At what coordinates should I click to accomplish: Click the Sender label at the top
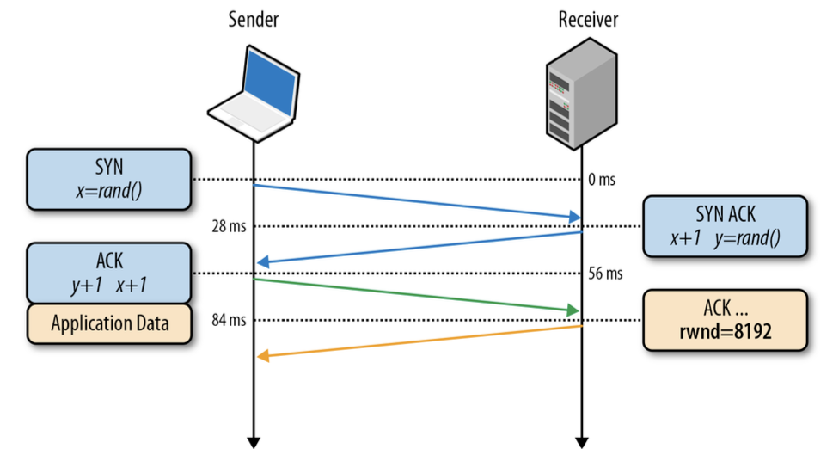254,19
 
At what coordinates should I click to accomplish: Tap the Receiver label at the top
588,19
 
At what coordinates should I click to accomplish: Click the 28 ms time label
229,226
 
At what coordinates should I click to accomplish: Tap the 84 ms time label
229,321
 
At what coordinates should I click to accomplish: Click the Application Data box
108,324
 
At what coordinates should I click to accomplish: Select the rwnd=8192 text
726,332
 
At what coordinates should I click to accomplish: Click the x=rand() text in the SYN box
108,189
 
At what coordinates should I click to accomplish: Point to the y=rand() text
747,239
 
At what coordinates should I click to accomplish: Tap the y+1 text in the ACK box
85,284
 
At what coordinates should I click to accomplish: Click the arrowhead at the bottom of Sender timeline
254,442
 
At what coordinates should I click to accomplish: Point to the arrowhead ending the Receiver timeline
582,442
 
